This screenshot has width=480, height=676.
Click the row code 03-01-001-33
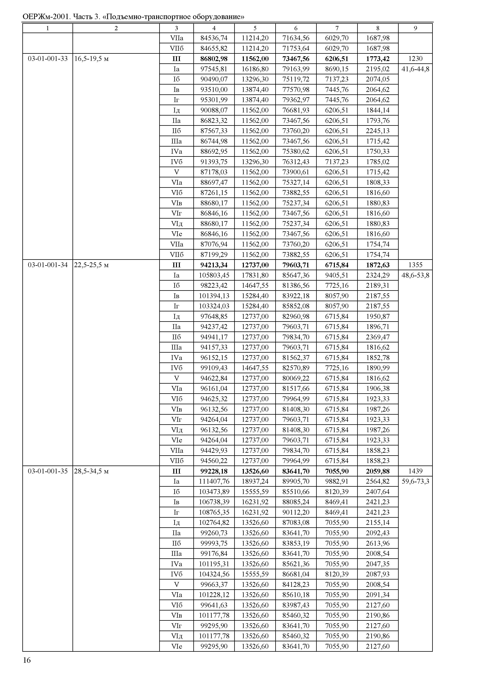(48, 59)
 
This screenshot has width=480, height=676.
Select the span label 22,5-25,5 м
(91, 265)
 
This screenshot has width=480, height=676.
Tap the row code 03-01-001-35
(48, 471)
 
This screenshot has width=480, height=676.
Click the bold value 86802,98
(214, 59)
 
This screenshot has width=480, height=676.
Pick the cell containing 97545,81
(214, 69)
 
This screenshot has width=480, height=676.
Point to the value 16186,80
(255, 69)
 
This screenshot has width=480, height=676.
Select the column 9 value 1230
(415, 59)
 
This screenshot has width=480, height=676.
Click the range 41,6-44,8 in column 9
(415, 69)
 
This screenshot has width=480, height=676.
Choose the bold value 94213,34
(214, 265)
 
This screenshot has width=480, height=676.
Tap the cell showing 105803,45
(214, 275)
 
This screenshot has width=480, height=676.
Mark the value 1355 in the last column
(415, 265)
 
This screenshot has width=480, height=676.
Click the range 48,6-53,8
(415, 275)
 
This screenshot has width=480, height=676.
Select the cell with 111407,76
(214, 481)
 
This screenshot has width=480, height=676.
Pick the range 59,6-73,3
(415, 481)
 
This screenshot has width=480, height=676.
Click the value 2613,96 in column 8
(378, 543)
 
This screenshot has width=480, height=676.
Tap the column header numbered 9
(415, 28)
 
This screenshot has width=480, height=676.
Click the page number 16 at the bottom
(27, 660)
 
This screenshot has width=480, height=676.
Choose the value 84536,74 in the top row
(214, 38)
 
